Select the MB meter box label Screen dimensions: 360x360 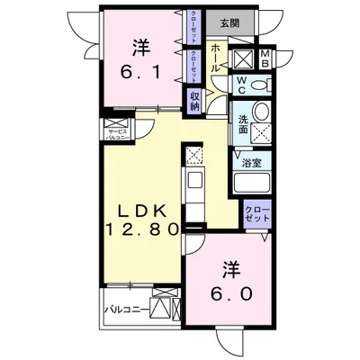point(265,60)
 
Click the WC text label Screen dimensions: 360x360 point(240,86)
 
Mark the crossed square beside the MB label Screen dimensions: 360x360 point(243,60)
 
